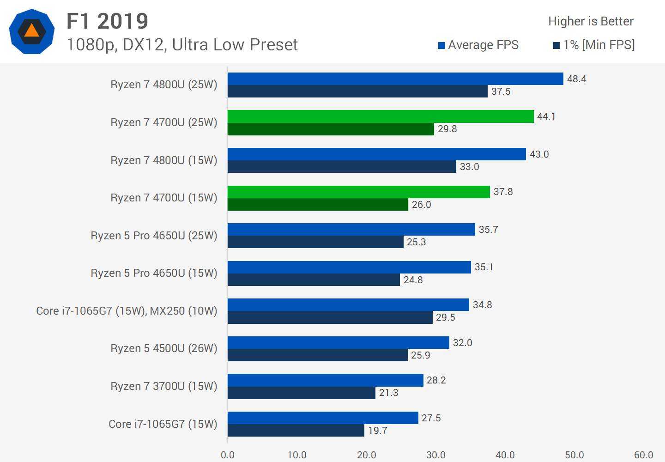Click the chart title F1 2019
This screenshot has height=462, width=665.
click(107, 21)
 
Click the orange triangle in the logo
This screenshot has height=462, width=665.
click(31, 31)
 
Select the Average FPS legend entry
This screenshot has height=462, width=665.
click(478, 45)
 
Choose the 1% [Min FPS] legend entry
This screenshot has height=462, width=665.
click(594, 45)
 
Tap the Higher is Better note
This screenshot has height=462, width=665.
click(591, 21)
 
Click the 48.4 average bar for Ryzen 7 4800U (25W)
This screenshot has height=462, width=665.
click(395, 79)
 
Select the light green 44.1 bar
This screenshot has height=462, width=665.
click(381, 116)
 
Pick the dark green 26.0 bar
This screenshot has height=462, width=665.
click(318, 205)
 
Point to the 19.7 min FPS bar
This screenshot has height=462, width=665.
click(296, 431)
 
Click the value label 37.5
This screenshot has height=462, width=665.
click(501, 91)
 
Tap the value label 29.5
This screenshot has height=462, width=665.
click(445, 317)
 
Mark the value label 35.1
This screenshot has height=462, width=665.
click(484, 267)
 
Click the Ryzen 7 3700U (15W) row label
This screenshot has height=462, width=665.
click(163, 386)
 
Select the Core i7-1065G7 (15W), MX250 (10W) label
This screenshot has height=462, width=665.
click(127, 311)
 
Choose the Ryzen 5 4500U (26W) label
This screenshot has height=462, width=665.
click(163, 348)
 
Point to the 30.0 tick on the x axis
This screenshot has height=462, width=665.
click(435, 455)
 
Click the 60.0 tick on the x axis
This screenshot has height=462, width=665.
click(643, 455)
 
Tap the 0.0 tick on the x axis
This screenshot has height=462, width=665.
click(228, 455)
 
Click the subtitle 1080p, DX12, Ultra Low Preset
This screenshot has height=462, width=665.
click(182, 45)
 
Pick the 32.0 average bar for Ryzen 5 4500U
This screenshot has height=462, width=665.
click(338, 343)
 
